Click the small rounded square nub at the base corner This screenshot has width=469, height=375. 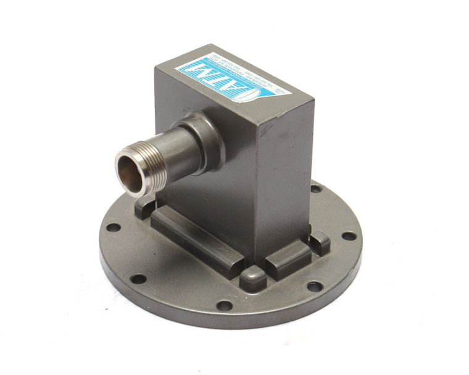pyautogui.click(x=254, y=278)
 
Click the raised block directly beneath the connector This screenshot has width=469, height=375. pyautogui.click(x=148, y=204)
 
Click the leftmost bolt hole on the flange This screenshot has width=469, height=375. pyautogui.click(x=113, y=226)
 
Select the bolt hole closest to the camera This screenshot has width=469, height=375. pyautogui.click(x=225, y=305)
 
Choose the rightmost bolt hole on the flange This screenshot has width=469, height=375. pyautogui.click(x=349, y=236)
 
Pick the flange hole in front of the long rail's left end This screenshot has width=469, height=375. pyautogui.click(x=138, y=278)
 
